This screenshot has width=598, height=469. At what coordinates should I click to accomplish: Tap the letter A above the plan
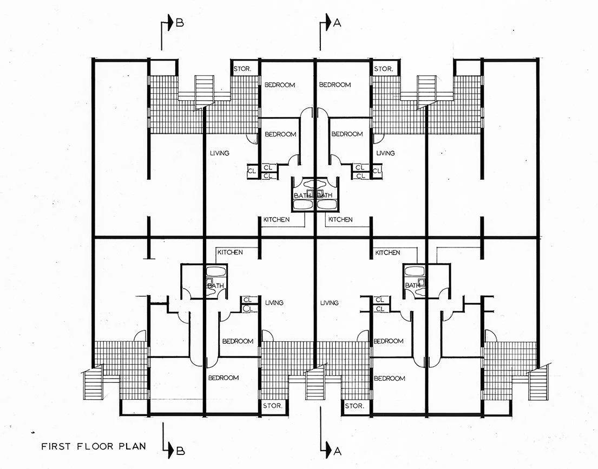click(338, 23)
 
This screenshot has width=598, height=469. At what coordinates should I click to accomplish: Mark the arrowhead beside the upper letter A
click(327, 23)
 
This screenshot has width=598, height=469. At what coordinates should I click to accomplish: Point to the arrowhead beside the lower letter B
click(169, 448)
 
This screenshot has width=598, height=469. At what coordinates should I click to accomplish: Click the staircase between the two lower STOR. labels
click(314, 386)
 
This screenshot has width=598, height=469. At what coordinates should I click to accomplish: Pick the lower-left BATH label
click(216, 285)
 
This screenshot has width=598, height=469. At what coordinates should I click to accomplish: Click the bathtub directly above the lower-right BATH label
click(413, 271)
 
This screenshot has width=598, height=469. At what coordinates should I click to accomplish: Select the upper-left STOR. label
click(241, 69)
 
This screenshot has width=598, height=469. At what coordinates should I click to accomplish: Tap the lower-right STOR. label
click(354, 406)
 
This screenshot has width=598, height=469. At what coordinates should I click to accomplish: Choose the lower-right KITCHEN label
click(387, 252)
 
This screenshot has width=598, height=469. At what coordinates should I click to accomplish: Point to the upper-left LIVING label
click(219, 153)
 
